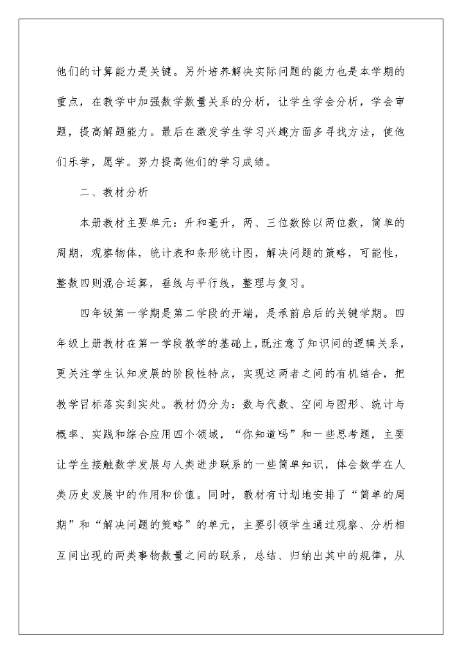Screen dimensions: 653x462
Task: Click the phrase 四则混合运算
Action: pyautogui.click(x=121, y=281)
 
